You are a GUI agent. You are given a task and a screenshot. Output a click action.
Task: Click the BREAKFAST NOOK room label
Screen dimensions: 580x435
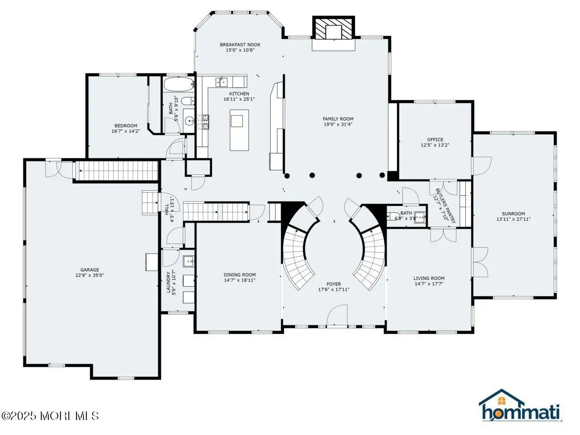(240, 45)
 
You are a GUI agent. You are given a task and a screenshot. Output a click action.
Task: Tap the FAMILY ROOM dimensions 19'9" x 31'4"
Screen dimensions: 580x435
(338, 125)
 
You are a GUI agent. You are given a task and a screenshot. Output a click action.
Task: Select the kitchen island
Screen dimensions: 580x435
(239, 130)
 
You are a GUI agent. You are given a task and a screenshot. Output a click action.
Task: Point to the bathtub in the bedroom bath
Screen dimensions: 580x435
(179, 84)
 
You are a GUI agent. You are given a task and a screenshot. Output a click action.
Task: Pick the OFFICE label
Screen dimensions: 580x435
(435, 140)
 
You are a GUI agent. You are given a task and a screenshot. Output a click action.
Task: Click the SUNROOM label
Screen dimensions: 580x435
(513, 213)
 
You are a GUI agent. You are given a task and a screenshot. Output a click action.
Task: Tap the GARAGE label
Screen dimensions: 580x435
(90, 270)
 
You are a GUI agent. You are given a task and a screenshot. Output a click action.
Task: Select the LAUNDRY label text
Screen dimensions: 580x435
(168, 282)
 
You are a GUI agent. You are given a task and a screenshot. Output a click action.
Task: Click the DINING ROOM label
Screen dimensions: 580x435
(240, 275)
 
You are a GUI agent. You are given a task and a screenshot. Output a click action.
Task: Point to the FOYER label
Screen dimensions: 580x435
(334, 284)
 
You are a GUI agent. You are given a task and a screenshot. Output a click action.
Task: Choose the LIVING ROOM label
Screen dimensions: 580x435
(429, 278)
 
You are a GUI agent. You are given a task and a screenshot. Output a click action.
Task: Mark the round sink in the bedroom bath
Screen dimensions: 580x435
(189, 121)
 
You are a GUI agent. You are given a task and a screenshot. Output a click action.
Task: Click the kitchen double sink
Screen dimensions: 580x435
(222, 82)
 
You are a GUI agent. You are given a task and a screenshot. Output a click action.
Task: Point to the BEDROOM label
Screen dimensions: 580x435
(126, 126)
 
